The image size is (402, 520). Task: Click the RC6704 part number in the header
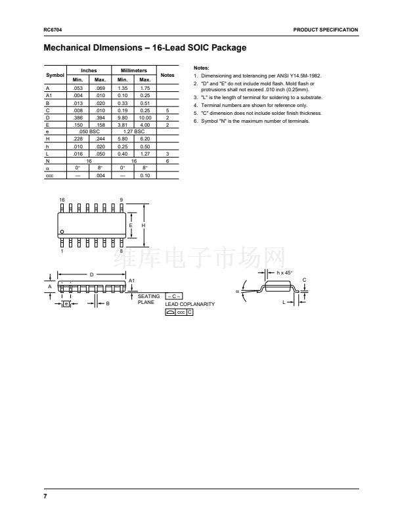click(53, 30)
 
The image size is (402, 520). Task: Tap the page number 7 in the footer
click(45, 496)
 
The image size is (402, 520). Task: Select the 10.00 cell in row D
click(145, 118)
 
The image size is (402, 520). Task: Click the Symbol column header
click(55, 75)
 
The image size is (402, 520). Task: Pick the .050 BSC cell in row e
click(89, 132)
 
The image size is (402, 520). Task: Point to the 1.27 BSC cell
click(133, 132)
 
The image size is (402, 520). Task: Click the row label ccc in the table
click(49, 176)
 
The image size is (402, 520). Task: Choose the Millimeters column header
click(133, 70)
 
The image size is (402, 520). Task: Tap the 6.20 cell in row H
click(145, 139)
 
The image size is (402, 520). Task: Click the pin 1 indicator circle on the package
click(62, 232)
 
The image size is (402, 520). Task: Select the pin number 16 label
click(62, 200)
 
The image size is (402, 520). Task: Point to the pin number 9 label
click(122, 200)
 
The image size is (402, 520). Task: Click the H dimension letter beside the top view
click(143, 225)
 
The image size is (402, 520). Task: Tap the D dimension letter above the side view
click(92, 274)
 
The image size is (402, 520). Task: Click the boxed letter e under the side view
click(66, 304)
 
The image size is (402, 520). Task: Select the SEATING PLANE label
click(148, 299)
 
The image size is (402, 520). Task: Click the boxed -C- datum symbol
click(174, 296)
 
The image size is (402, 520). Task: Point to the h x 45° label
click(284, 272)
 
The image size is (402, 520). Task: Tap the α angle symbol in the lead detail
click(238, 292)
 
